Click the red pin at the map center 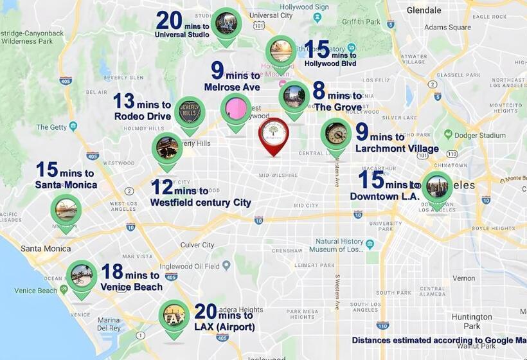tap(274, 133)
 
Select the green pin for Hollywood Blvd tap(281, 51)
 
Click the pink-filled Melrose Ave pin tap(236, 110)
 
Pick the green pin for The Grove tap(294, 97)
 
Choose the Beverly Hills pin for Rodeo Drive tap(190, 113)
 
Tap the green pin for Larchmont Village tap(335, 134)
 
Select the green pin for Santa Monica tap(66, 210)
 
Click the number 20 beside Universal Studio tap(170, 21)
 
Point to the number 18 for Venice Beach tap(112, 273)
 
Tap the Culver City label tap(197, 245)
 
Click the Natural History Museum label tap(341, 246)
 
